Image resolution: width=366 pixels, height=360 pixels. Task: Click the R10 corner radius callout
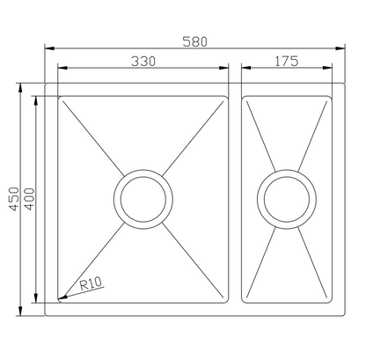[90, 284]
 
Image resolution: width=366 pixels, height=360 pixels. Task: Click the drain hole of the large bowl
[140, 198]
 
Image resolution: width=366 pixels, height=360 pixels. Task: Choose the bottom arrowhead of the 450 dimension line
[23, 312]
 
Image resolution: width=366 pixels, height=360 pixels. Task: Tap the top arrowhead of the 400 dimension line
[36, 99]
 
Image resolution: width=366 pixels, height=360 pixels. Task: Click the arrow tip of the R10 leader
[60, 298]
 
